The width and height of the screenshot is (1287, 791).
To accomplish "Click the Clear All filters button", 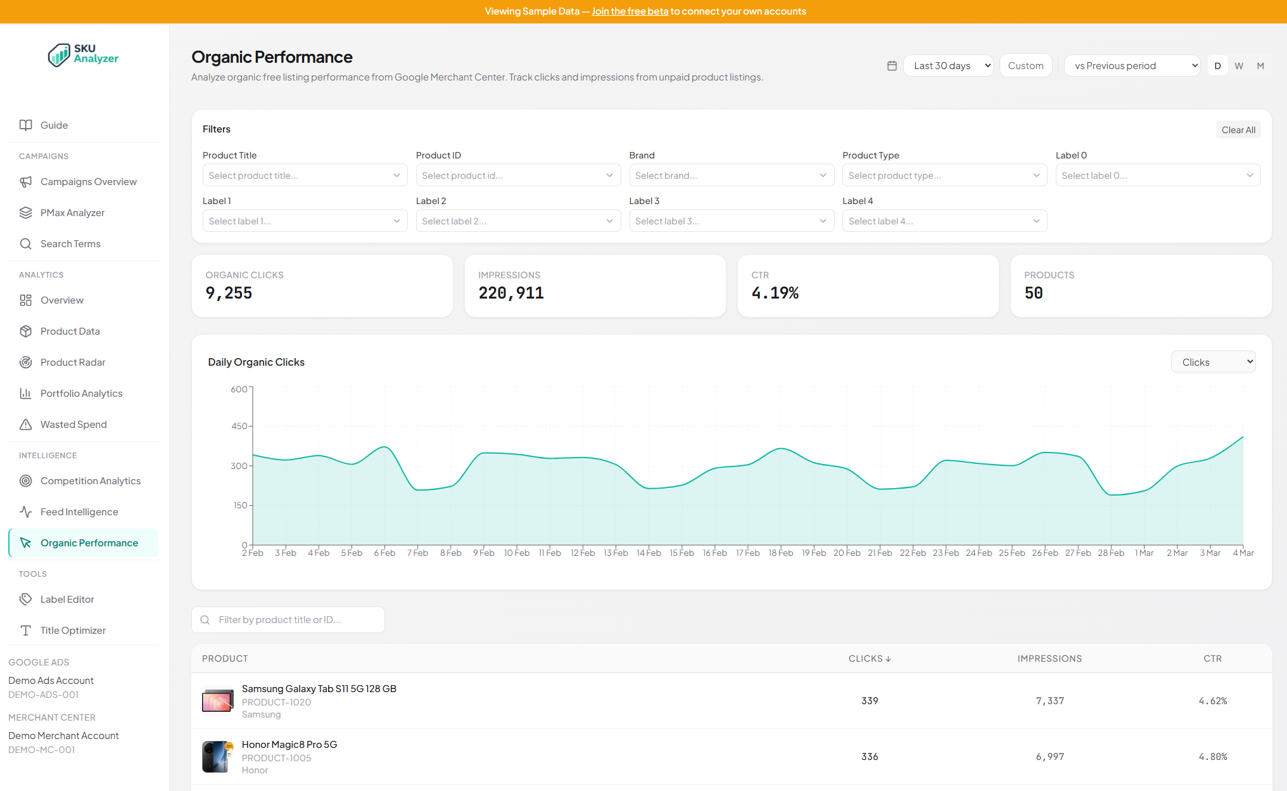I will (x=1238, y=130).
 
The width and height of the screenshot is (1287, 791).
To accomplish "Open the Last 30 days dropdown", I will (x=948, y=66).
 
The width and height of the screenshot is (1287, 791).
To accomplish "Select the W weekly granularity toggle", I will (x=1239, y=66).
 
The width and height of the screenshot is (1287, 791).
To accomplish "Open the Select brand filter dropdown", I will (x=731, y=176).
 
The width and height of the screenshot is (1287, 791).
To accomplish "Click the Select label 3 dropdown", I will (x=731, y=221).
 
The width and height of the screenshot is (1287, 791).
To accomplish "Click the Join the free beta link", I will (x=630, y=11).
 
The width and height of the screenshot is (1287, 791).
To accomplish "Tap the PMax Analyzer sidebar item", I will (x=72, y=213).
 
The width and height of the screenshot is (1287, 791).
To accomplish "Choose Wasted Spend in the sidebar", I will (x=73, y=425).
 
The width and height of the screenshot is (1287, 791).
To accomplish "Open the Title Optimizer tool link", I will (x=73, y=631).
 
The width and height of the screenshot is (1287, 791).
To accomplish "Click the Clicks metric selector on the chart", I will (x=1212, y=362).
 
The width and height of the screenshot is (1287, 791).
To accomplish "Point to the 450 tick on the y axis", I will (x=239, y=427).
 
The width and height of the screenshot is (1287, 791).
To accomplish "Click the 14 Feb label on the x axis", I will (x=649, y=553).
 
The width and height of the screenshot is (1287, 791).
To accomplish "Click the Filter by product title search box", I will (x=288, y=620).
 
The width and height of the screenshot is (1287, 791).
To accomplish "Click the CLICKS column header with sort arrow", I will (x=870, y=659).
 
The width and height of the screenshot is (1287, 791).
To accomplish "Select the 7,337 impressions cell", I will (x=1049, y=701).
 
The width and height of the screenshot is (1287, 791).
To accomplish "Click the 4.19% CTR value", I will (x=775, y=293).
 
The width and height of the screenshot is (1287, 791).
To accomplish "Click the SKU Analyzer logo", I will (x=84, y=55).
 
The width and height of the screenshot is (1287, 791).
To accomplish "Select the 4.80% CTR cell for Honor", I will (x=1212, y=757).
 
